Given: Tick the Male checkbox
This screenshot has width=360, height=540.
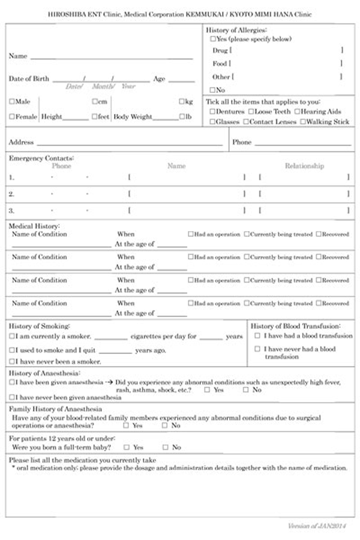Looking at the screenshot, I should pyautogui.click(x=12, y=101).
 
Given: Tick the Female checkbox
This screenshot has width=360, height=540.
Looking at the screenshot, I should pyautogui.click(x=12, y=116).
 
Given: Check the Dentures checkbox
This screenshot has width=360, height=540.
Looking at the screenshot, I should pyautogui.click(x=212, y=112).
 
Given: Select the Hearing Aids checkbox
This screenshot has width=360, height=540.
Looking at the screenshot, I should pyautogui.click(x=296, y=112).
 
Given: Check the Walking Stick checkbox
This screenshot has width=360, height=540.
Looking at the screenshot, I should pyautogui.click(x=304, y=122).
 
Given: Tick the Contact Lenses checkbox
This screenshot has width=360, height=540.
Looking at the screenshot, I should pyautogui.click(x=245, y=122).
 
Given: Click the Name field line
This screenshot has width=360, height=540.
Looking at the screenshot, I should pyautogui.click(x=111, y=58).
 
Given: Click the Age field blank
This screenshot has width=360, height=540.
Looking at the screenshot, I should pyautogui.click(x=181, y=80).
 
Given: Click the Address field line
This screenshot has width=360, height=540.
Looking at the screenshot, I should pyautogui.click(x=129, y=145).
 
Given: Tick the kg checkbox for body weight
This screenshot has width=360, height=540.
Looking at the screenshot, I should pyautogui.click(x=181, y=101).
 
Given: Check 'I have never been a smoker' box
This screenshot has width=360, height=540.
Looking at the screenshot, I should pyautogui.click(x=12, y=362).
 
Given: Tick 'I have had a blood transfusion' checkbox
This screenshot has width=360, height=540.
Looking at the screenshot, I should pyautogui.click(x=257, y=336).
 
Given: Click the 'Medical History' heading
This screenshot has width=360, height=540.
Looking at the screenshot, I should pyautogui.click(x=34, y=226).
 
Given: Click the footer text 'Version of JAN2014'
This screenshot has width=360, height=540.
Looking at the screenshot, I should pyautogui.click(x=322, y=526).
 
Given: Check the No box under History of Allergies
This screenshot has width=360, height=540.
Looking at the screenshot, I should pyautogui.click(x=212, y=90).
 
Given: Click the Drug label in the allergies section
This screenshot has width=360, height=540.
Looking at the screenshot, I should pyautogui.click(x=220, y=50).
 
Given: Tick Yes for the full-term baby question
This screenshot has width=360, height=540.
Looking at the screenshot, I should pyautogui.click(x=126, y=447).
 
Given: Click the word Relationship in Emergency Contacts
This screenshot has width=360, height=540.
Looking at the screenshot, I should pyautogui.click(x=304, y=166).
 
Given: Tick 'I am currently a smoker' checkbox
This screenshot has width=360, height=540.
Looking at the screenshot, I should pyautogui.click(x=12, y=337).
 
